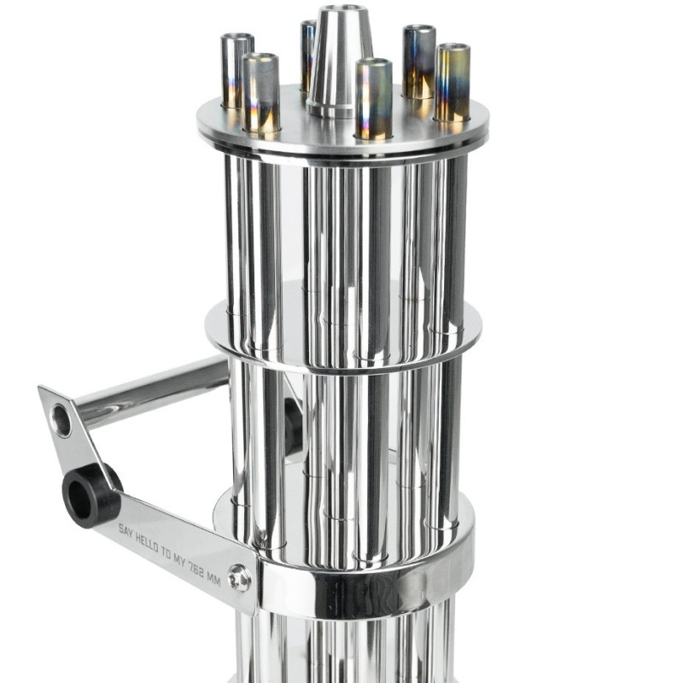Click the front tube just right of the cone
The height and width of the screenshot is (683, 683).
point(374,98)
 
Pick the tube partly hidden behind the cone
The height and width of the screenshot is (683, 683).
point(307,55)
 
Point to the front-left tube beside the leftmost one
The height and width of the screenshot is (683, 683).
point(261,92)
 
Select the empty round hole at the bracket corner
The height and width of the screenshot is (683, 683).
point(61,420)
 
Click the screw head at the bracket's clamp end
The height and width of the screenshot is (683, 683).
point(240,580)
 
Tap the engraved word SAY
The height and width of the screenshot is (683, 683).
point(126,529)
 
